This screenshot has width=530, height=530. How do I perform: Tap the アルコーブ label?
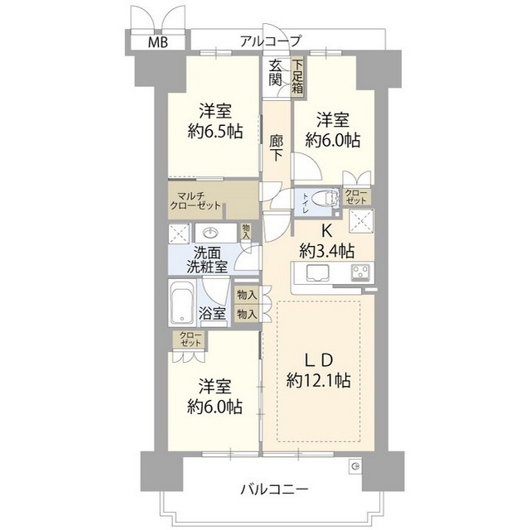[x=271, y=40]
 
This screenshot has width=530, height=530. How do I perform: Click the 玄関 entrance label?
[x=276, y=74]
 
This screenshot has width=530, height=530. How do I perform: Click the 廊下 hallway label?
[x=277, y=147]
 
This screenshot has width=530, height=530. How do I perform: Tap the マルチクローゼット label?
[x=196, y=202]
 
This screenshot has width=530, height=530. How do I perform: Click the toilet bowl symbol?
[x=329, y=197]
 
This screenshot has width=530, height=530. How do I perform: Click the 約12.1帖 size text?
[x=317, y=381]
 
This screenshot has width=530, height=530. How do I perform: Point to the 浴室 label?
[x=214, y=313]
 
